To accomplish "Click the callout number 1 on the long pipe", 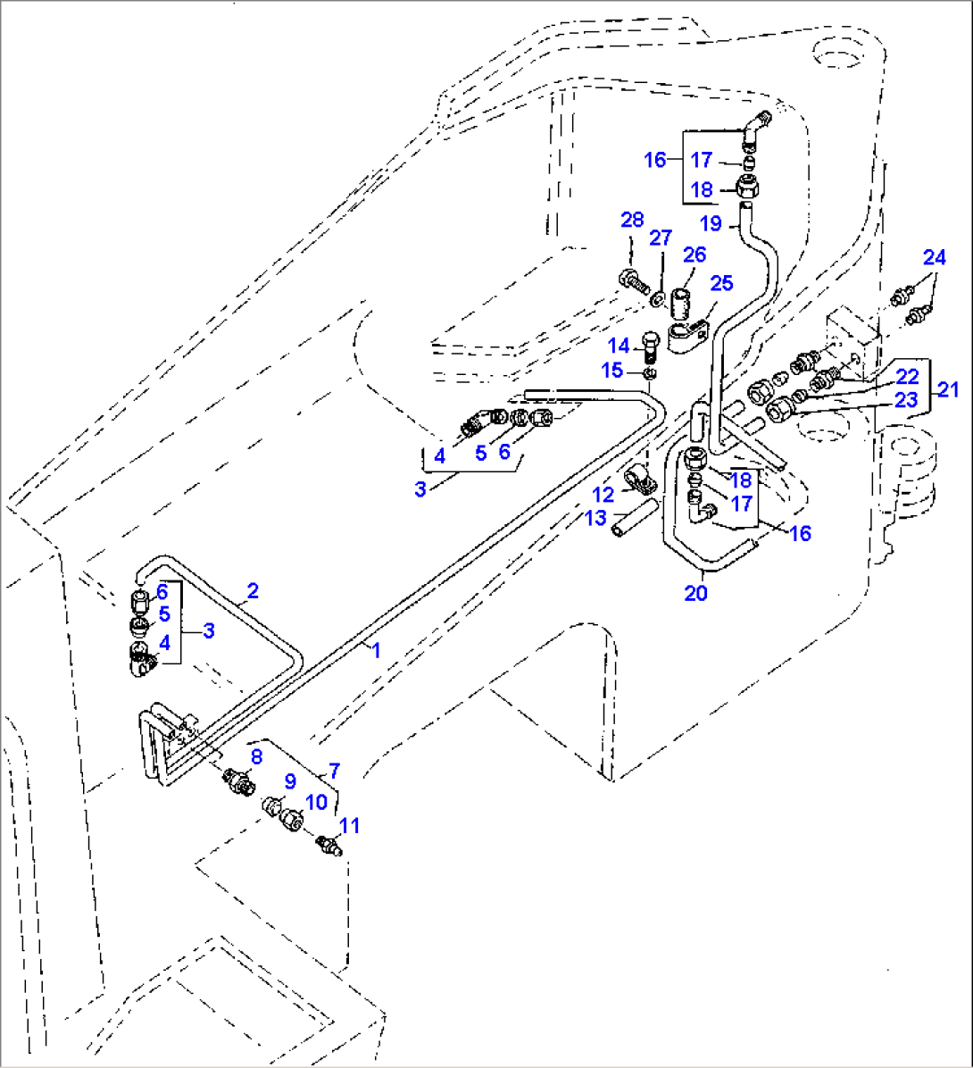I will (x=376, y=650).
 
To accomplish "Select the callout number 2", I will (x=253, y=590).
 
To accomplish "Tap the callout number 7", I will (x=334, y=770).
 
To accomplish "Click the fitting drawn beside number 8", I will (x=239, y=780).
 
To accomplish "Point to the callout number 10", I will (x=317, y=802).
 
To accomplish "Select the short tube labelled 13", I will (x=633, y=519).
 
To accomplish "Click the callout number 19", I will (x=710, y=222).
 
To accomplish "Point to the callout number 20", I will (x=695, y=592).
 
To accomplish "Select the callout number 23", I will (x=906, y=400).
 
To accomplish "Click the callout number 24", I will (x=934, y=258).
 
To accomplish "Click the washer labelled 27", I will (x=656, y=296).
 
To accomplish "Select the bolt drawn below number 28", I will (x=630, y=278).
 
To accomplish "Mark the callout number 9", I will (x=289, y=780).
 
